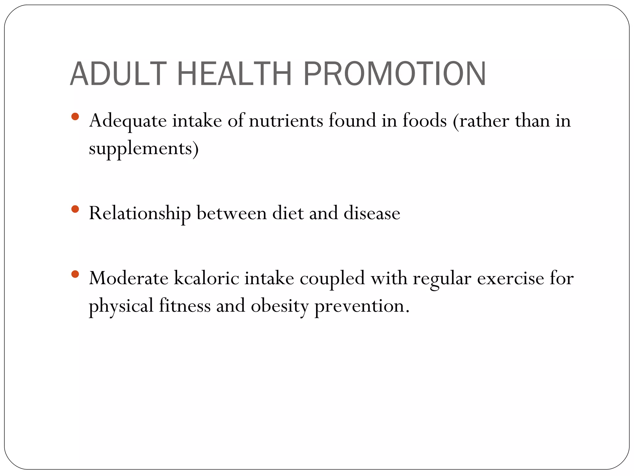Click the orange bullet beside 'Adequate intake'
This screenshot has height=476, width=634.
point(75,117)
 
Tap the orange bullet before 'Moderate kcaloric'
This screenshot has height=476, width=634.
point(75,274)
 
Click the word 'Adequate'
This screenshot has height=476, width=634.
point(128,121)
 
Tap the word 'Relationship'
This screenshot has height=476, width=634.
point(140,214)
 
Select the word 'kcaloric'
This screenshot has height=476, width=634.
point(206,278)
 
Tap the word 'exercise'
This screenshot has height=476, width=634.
point(510,278)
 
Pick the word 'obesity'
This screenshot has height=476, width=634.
point(280,306)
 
